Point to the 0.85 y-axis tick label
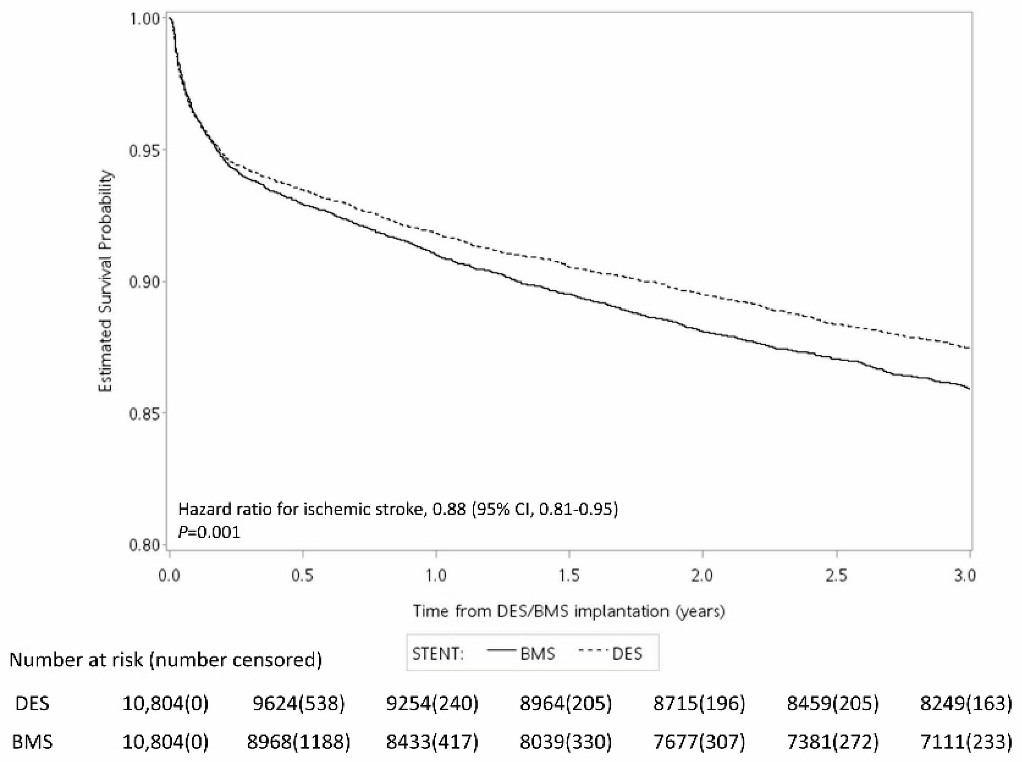point(141,413)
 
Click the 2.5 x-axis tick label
point(836,576)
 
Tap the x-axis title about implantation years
point(569,611)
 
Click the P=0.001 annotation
point(209,533)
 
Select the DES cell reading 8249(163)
point(966,703)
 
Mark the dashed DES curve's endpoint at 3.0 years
point(970,348)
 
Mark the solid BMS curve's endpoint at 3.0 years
point(970,389)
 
